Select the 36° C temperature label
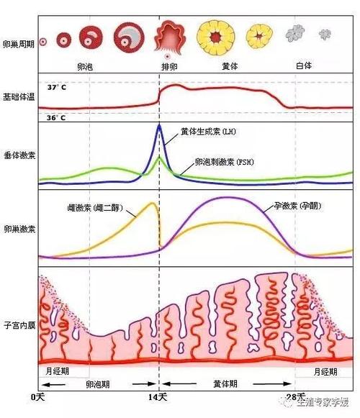[56, 117]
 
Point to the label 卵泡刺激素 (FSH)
[224, 162]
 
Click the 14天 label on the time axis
[159, 397]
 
